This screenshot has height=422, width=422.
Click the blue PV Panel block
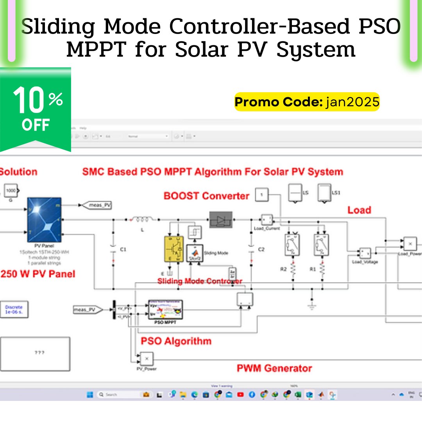tap(44, 220)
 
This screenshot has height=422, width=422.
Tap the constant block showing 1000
tap(11, 191)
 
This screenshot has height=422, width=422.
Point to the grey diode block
tap(221, 220)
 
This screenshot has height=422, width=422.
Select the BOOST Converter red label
tap(206, 196)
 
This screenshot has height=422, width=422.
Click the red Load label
tap(359, 210)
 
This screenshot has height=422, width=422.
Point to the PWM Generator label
tap(274, 368)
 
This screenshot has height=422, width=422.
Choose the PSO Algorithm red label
tap(176, 341)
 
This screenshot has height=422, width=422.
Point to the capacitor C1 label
tap(123, 249)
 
